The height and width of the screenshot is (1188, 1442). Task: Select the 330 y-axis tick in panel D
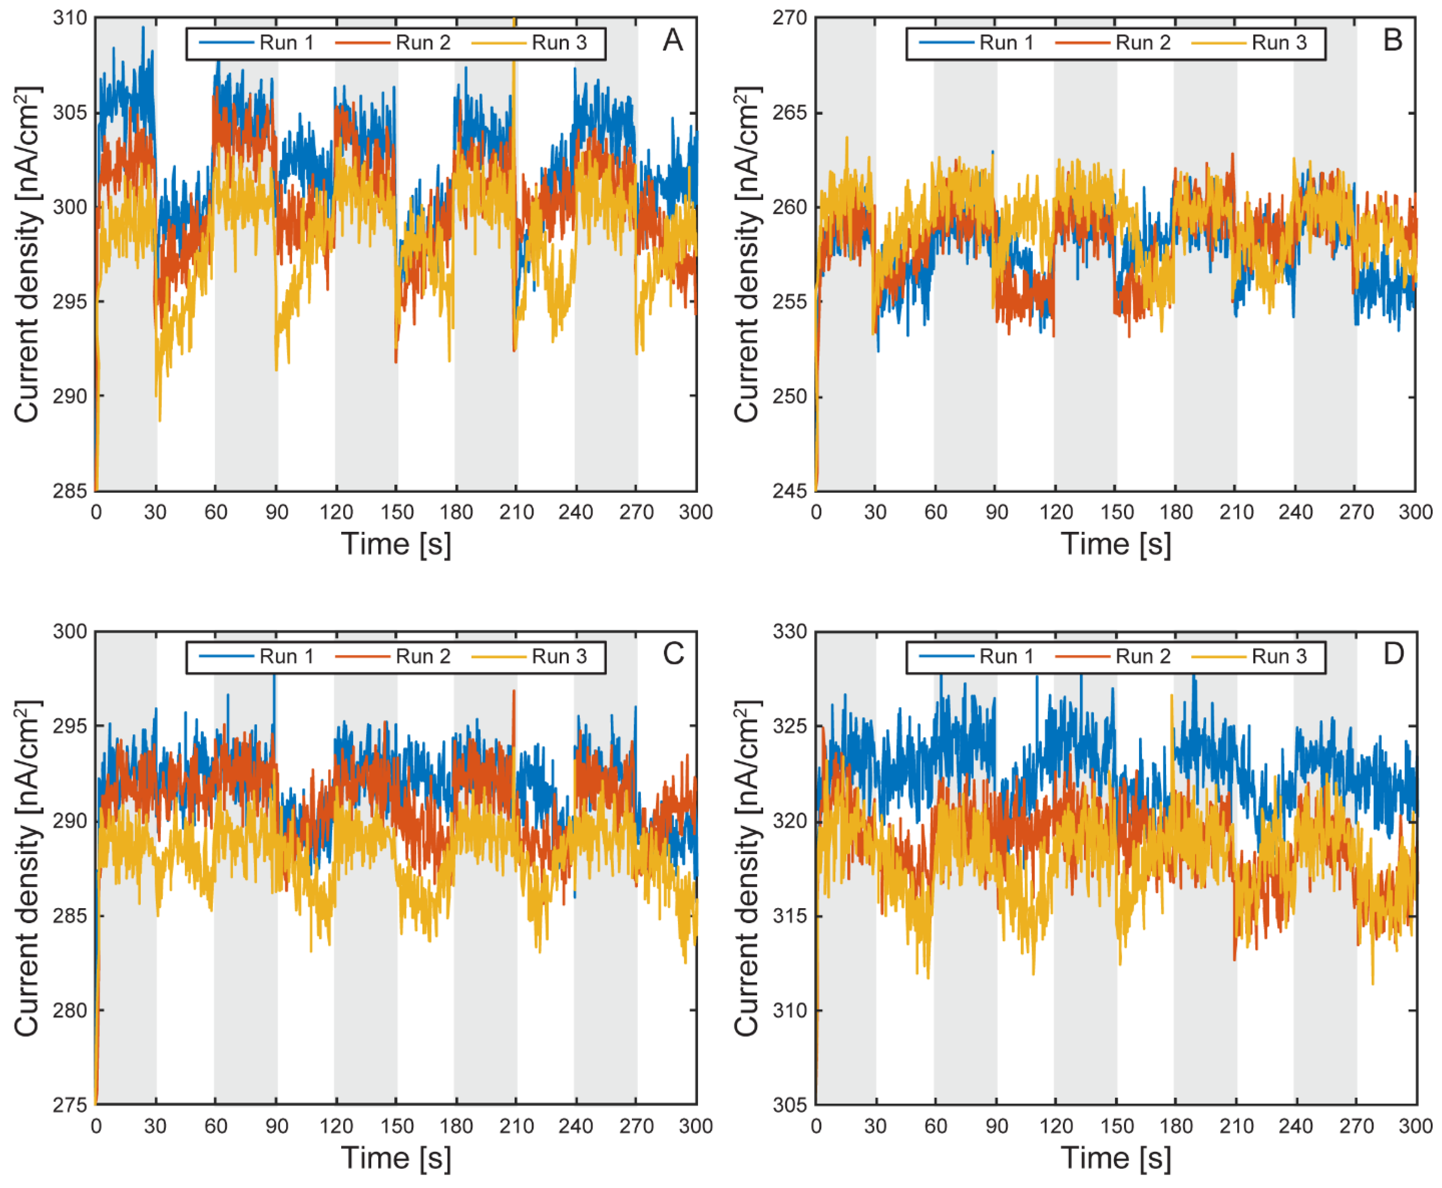point(790,632)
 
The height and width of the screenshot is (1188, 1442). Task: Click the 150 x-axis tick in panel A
point(397,512)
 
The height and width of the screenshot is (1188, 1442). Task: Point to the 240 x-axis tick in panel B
point(1296,512)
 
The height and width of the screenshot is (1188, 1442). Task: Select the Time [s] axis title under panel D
point(1116,1158)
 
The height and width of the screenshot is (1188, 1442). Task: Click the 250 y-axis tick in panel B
point(790,396)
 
